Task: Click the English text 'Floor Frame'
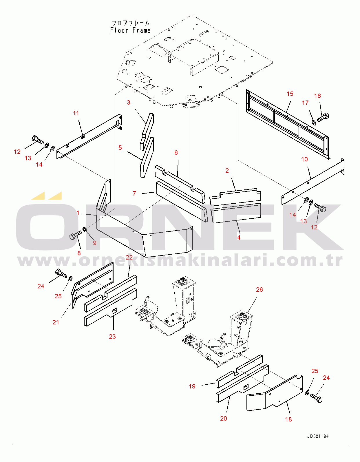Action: (x=130, y=30)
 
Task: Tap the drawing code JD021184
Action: (x=318, y=437)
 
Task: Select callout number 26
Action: (x=259, y=290)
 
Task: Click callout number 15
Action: (x=290, y=94)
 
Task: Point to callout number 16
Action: (x=317, y=96)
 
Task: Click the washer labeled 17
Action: (x=314, y=123)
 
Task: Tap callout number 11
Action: (x=76, y=113)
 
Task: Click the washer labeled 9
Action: (x=85, y=230)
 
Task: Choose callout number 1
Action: (x=78, y=213)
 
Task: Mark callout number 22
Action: (x=129, y=258)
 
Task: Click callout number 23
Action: (x=112, y=337)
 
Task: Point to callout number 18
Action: (x=288, y=419)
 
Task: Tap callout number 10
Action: (x=304, y=159)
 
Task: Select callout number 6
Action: (x=176, y=153)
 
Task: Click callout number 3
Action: (x=128, y=103)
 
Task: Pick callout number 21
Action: (x=56, y=322)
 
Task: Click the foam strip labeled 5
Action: (x=147, y=158)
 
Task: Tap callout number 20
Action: (x=223, y=419)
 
